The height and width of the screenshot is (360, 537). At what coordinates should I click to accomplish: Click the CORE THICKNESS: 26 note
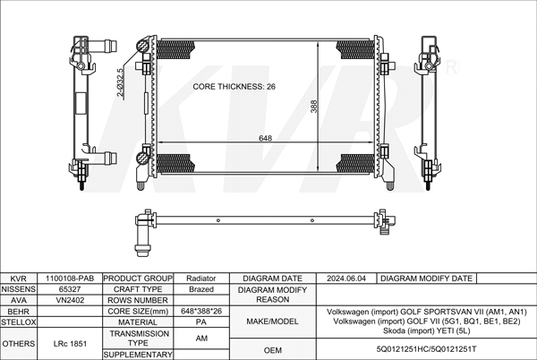(234, 86)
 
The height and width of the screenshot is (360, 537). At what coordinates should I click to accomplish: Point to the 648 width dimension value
(266, 138)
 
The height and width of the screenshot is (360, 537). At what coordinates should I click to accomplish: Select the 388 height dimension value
(314, 107)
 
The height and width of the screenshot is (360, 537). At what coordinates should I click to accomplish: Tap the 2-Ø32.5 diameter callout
(120, 82)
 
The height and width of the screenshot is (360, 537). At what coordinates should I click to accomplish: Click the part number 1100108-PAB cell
(70, 279)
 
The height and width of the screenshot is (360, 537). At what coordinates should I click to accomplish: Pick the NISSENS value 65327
(70, 289)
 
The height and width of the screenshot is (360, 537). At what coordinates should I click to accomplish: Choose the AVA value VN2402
(70, 300)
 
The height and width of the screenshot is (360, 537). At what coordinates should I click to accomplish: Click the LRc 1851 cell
(70, 344)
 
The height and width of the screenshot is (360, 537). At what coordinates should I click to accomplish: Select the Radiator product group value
(201, 279)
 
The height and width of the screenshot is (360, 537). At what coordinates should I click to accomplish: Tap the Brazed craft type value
(201, 289)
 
